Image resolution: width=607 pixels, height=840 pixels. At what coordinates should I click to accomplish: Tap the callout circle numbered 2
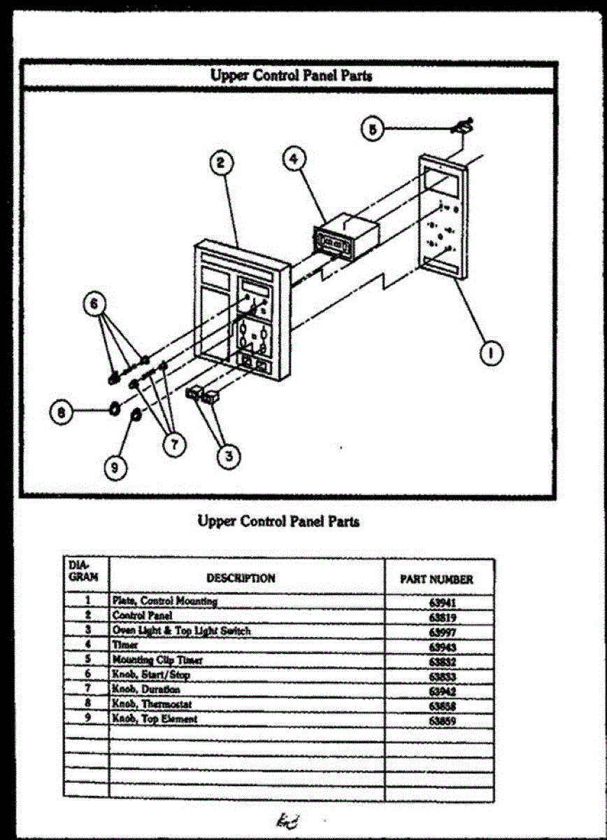click(x=220, y=164)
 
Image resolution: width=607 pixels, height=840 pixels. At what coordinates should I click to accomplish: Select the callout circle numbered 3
click(x=227, y=456)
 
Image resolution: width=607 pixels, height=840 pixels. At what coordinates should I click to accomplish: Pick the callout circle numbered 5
click(x=373, y=129)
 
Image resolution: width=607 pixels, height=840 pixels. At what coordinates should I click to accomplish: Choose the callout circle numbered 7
click(x=173, y=443)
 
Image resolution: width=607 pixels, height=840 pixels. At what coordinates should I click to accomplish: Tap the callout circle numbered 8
click(x=62, y=413)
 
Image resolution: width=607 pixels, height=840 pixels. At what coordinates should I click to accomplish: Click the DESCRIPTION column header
click(x=241, y=578)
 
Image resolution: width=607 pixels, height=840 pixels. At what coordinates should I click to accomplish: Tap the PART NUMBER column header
click(x=436, y=580)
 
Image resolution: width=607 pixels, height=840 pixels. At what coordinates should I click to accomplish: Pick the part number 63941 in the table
click(x=439, y=602)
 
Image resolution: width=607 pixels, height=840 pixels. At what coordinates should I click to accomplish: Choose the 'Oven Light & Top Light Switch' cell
click(x=181, y=631)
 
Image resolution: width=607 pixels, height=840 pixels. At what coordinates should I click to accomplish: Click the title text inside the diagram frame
click(x=291, y=76)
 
